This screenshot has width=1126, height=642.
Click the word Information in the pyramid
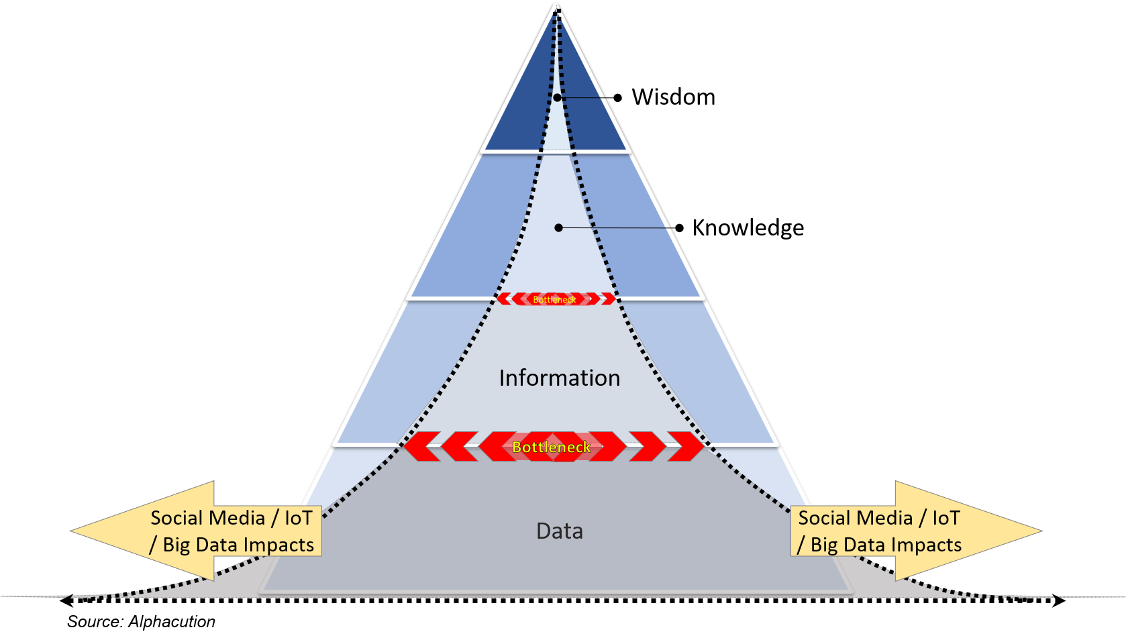point(559,378)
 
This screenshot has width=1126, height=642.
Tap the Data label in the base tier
point(559,531)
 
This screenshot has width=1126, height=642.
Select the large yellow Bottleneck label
point(552,447)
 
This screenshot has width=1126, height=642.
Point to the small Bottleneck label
point(554,299)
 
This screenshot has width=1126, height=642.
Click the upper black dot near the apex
point(557,98)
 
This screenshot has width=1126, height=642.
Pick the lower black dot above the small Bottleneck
point(558,228)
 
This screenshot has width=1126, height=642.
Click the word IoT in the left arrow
point(298,518)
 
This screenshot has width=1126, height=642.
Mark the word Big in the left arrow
point(176,545)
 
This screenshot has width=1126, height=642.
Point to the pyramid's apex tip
point(556,5)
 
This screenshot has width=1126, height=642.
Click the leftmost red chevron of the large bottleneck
point(421,447)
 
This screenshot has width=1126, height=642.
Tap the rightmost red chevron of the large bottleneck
point(686,447)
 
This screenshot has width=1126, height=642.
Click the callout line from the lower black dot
point(617,228)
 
